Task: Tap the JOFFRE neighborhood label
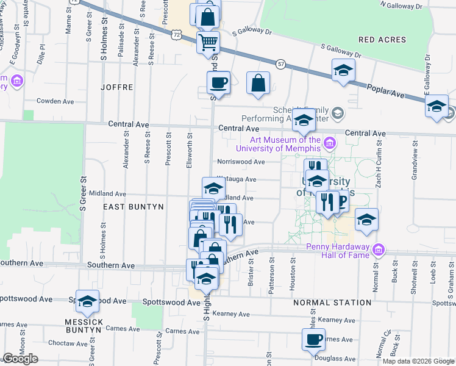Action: tap(117, 87)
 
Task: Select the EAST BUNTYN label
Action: tap(133, 207)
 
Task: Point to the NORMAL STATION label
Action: tap(332, 303)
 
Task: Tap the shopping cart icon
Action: tap(208, 43)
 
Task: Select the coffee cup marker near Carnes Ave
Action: tap(314, 339)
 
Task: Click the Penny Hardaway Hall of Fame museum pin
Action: tap(379, 250)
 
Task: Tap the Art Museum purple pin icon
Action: tap(330, 143)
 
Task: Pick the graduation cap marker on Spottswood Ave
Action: tap(87, 301)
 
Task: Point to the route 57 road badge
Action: tap(280, 63)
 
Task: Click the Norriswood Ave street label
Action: tap(242, 162)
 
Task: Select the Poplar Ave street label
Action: tap(386, 93)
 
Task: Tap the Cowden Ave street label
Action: tap(55, 101)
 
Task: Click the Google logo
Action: tap(20, 359)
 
